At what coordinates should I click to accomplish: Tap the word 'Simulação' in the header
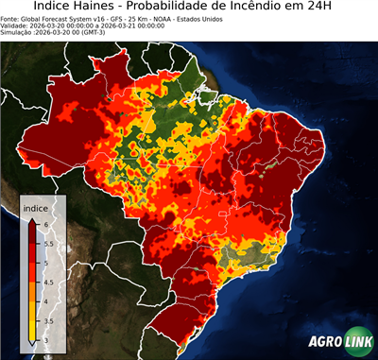[18, 33]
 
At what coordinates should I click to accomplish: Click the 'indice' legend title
[35, 208]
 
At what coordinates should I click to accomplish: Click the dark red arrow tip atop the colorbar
[32, 220]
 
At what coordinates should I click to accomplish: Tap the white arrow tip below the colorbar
[32, 343]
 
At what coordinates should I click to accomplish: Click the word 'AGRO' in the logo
[325, 342]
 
